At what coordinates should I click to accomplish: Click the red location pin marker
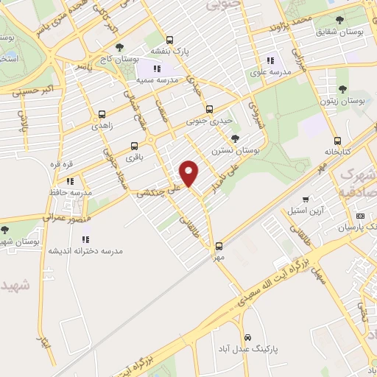pyautogui.click(x=190, y=174)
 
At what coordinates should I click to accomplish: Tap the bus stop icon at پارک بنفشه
pyautogui.click(x=170, y=40)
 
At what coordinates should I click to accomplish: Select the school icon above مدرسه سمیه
pyautogui.click(x=157, y=68)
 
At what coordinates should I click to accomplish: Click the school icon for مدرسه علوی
pyautogui.click(x=270, y=60)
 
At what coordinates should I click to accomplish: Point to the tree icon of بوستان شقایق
pyautogui.click(x=339, y=21)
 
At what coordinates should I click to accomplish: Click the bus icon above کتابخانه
pyautogui.click(x=337, y=140)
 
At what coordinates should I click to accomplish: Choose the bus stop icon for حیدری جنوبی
pyautogui.click(x=208, y=109)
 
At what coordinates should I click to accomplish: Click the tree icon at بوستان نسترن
pyautogui.click(x=235, y=138)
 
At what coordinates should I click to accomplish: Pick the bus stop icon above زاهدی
pyautogui.click(x=102, y=115)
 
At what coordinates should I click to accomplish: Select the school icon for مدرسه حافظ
pyautogui.click(x=70, y=181)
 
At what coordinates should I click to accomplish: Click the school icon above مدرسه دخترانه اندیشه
pyautogui.click(x=85, y=239)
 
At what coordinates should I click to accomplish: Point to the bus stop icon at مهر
pyautogui.click(x=218, y=247)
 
